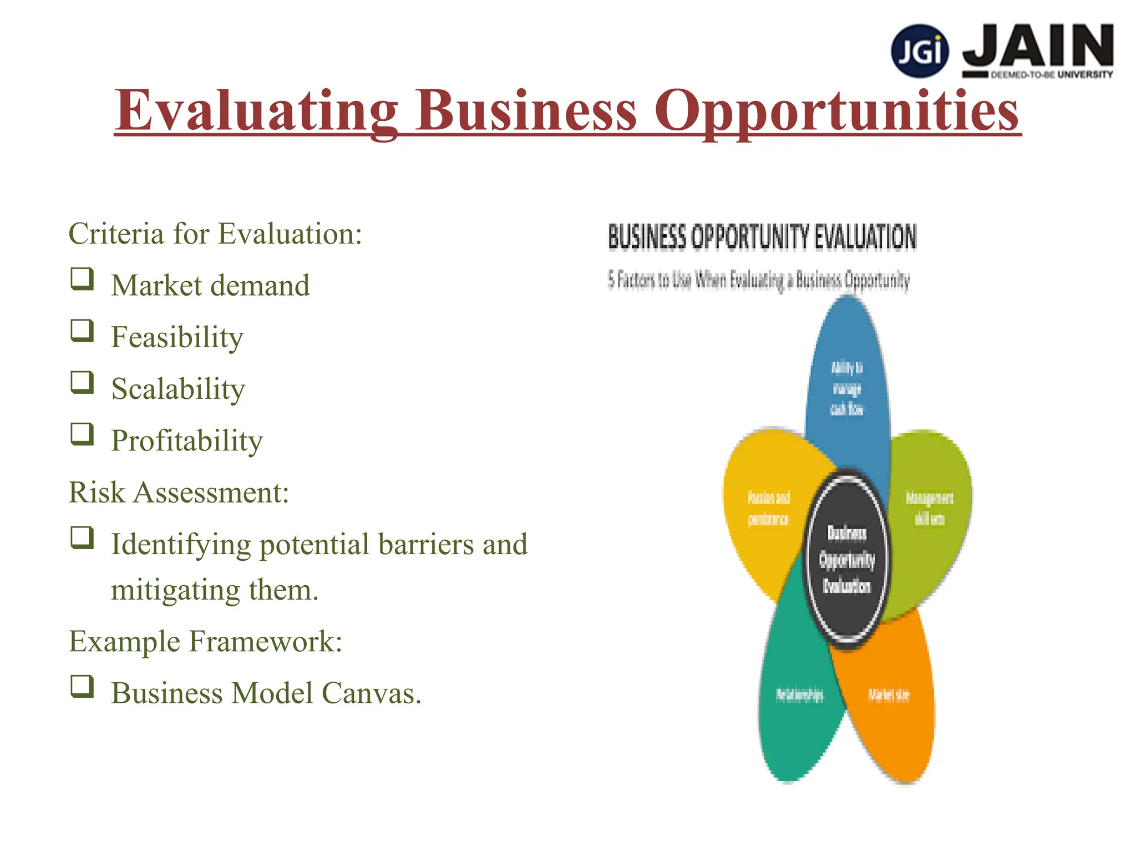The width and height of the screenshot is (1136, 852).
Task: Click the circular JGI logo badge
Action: click(x=920, y=51)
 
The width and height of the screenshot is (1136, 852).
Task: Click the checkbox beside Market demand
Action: click(x=82, y=279)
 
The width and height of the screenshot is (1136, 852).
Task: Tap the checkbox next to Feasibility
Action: click(x=82, y=331)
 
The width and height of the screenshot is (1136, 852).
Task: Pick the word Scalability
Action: click(x=177, y=389)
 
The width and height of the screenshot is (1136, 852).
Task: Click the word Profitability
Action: click(x=186, y=441)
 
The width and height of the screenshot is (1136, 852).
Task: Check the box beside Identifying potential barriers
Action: click(x=82, y=537)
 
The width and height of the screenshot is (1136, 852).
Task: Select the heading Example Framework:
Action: click(x=205, y=642)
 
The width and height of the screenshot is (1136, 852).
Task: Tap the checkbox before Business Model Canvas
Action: click(x=82, y=686)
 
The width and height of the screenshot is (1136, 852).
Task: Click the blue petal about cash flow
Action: click(x=847, y=383)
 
